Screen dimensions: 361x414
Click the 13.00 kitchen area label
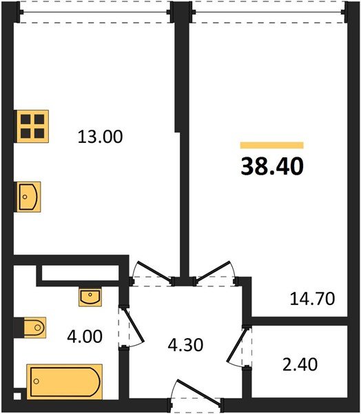100,137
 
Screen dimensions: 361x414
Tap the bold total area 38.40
272,166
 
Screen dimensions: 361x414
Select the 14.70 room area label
312,299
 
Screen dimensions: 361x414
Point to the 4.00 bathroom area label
85,337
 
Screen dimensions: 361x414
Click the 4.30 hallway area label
185,345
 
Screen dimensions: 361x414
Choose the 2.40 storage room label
300,364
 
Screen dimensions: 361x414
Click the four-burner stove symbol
32,126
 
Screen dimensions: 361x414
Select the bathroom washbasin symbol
90,297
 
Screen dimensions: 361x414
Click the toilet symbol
34,328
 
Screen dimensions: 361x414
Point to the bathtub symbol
65,382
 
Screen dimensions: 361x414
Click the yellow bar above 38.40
272,145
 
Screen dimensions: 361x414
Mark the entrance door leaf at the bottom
199,391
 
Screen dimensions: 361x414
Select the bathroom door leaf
134,326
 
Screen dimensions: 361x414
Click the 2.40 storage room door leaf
237,345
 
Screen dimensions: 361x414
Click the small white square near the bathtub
17,396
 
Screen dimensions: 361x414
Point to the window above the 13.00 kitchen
95,12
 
